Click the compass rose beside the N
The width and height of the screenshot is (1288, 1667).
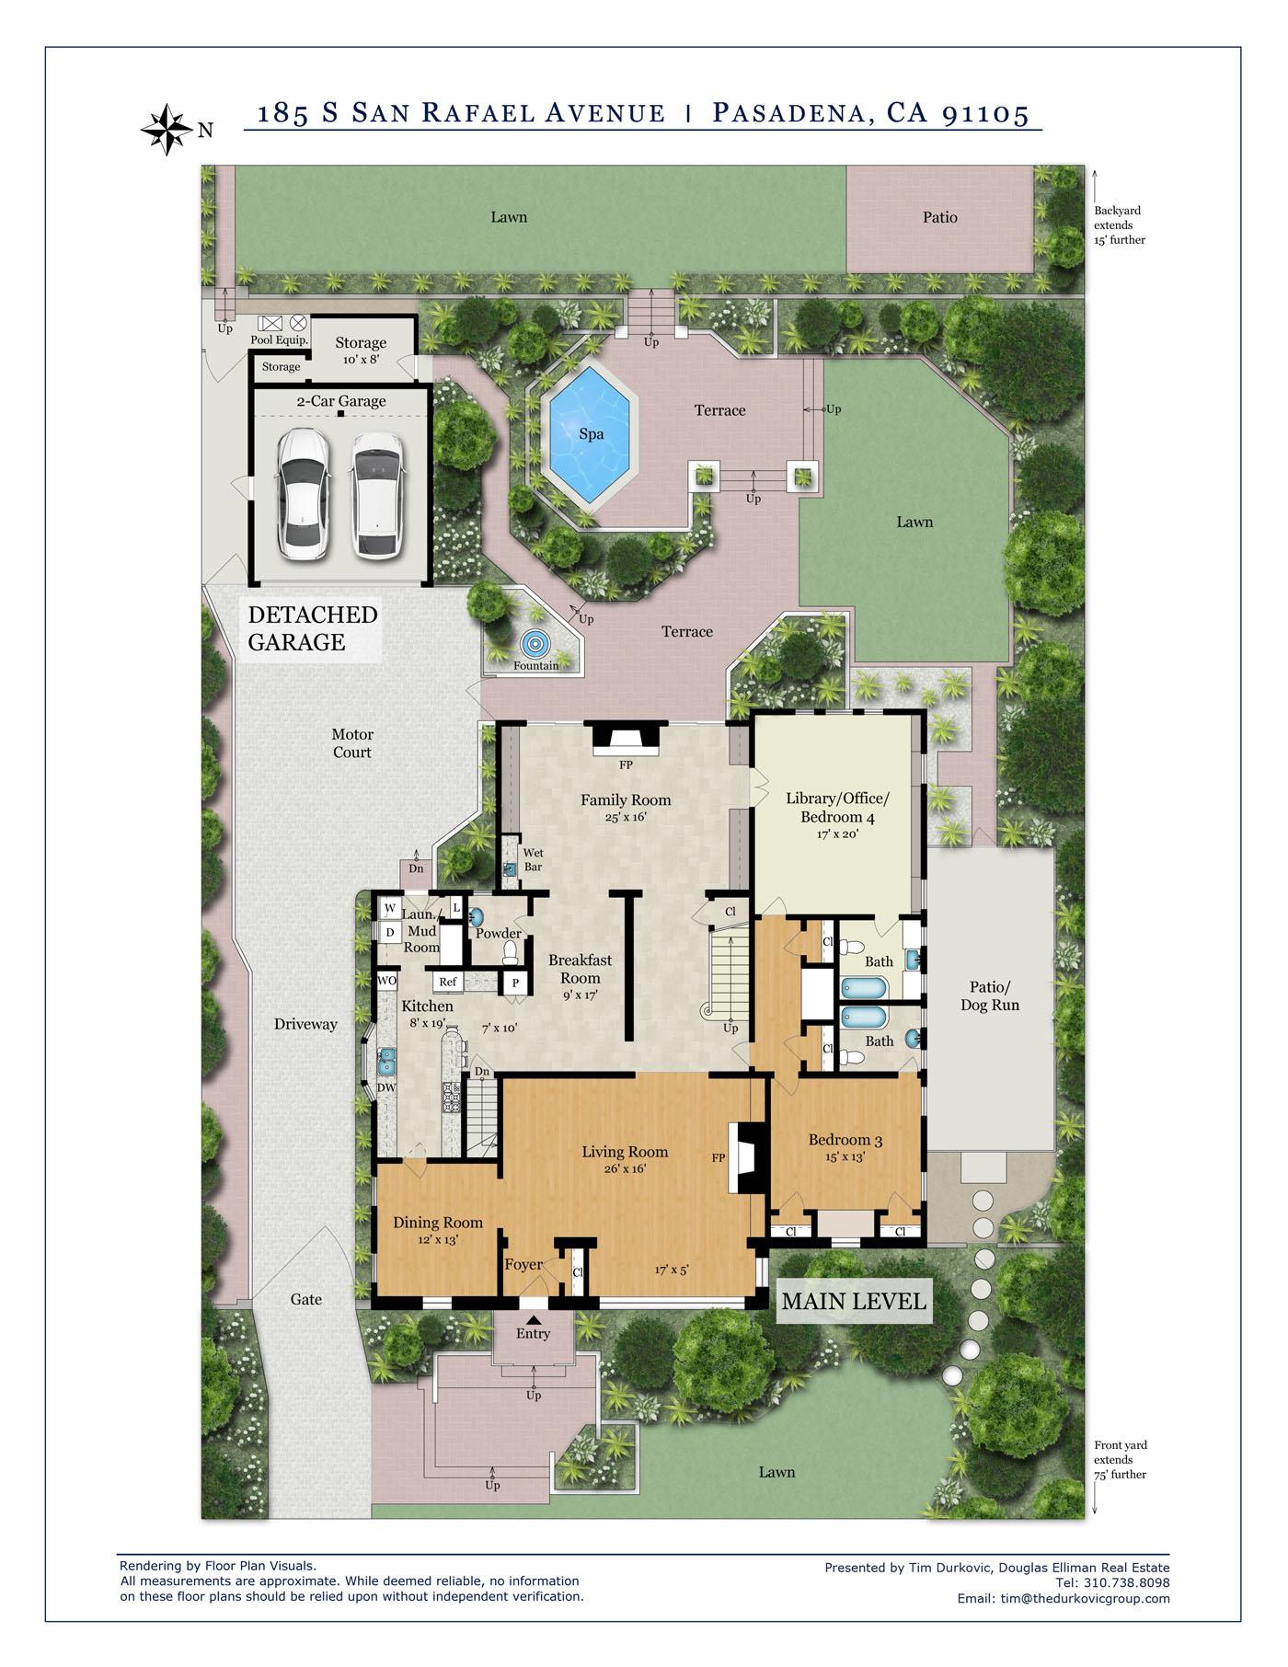167,130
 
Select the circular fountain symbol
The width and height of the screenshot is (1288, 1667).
535,644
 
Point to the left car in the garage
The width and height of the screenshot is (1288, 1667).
304,494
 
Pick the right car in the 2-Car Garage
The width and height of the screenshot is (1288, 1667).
377,495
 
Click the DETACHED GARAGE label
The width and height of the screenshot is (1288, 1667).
313,628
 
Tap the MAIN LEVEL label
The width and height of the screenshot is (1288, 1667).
854,1301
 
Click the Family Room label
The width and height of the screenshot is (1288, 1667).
626,800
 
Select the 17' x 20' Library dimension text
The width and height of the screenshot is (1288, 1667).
837,834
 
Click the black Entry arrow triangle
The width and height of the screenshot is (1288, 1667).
534,1320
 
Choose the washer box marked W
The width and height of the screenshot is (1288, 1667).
390,908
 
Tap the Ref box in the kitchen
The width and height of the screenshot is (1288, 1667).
448,982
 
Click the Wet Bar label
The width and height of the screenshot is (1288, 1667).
533,859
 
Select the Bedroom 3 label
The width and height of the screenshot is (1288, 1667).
845,1140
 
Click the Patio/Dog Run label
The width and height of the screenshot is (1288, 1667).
990,995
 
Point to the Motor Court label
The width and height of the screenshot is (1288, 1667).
352,743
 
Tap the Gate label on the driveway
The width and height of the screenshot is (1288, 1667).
306,1299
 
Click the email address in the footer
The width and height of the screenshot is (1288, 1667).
1086,1598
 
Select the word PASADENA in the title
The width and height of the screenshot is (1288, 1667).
788,113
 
